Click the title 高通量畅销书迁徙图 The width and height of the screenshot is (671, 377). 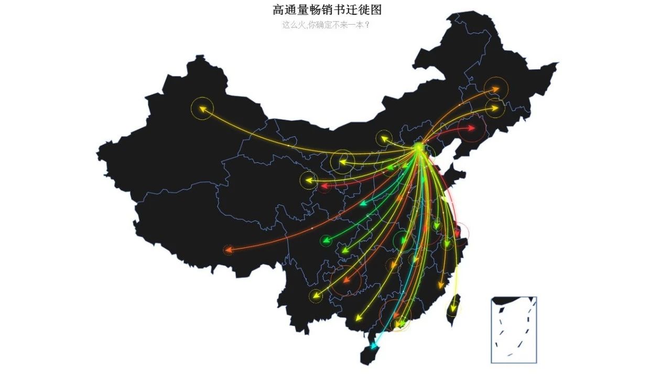coord(330,10)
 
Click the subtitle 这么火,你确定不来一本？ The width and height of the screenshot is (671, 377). coord(326,25)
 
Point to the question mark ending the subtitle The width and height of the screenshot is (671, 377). coord(366,25)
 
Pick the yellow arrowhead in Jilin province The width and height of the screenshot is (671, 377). coord(494,108)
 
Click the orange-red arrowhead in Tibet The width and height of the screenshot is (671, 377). coord(228,250)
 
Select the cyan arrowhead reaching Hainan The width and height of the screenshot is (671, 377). coord(373,346)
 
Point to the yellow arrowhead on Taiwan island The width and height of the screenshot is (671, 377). coord(452,309)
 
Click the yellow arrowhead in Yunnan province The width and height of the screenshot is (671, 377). coord(315,295)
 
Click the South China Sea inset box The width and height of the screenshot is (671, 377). coord(513,329)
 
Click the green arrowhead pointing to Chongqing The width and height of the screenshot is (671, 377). coord(326,241)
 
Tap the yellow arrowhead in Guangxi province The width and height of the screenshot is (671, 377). coord(359,318)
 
